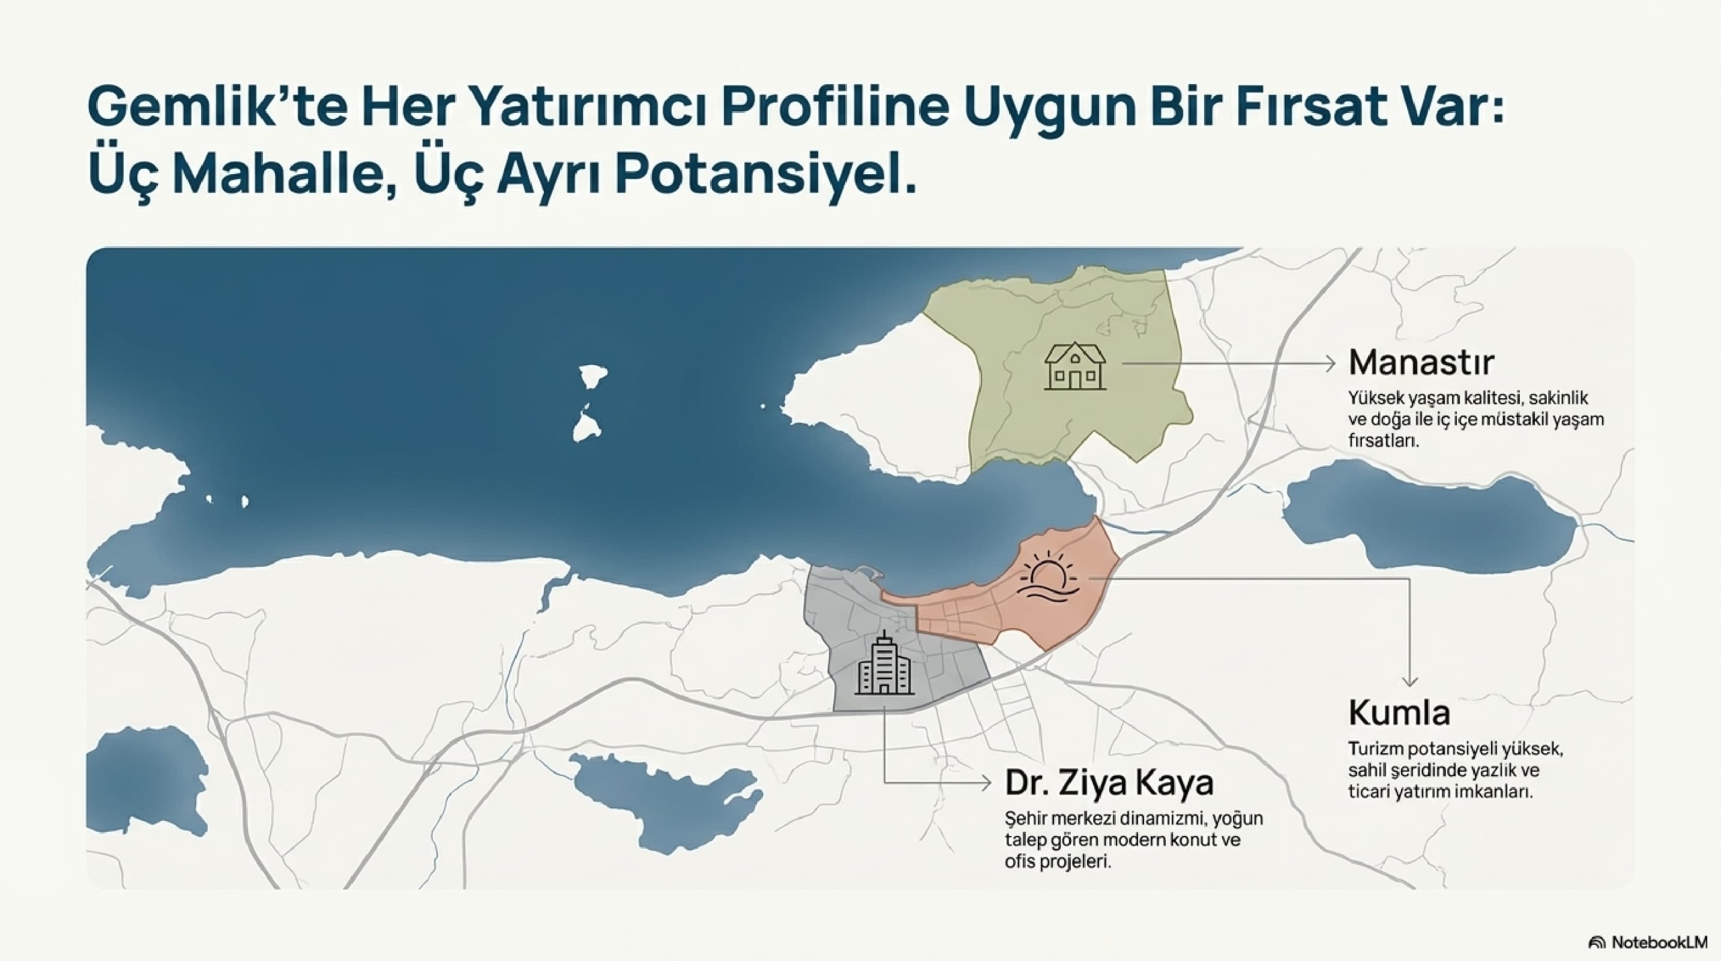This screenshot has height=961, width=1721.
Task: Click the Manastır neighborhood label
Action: pyautogui.click(x=1420, y=362)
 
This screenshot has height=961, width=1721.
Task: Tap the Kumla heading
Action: pyautogui.click(x=1399, y=713)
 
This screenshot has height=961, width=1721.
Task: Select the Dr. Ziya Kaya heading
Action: pyautogui.click(x=1109, y=782)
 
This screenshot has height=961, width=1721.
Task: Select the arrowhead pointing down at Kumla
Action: pyautogui.click(x=1410, y=681)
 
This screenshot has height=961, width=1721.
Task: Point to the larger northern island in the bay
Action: pyautogui.click(x=592, y=377)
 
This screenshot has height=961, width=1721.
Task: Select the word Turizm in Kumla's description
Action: pyautogui.click(x=1375, y=749)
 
